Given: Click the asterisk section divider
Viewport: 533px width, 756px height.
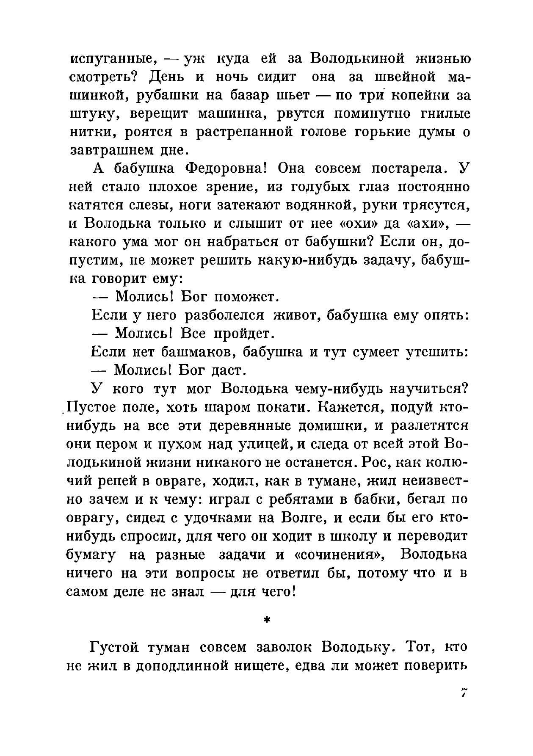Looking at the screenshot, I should pyautogui.click(x=266, y=620).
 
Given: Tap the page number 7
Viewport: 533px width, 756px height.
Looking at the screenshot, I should pyautogui.click(x=464, y=693).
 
